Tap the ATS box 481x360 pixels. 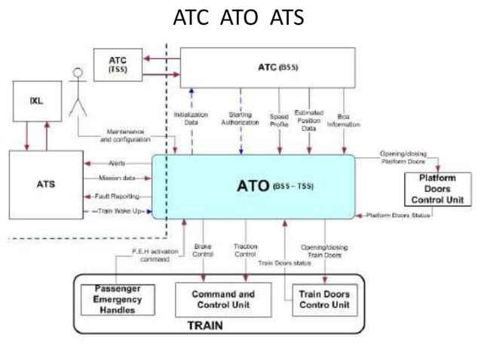44,184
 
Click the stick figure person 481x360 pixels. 76,91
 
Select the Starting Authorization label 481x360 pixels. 240,119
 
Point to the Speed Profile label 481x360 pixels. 280,121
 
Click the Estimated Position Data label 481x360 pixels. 308,119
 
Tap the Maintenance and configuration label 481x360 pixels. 125,136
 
